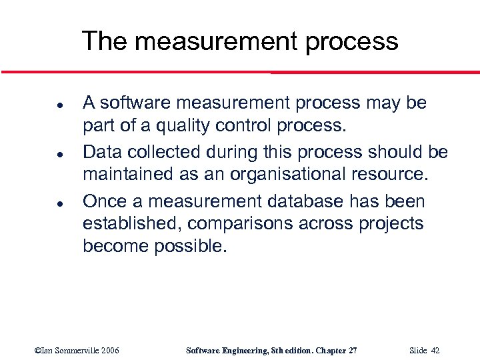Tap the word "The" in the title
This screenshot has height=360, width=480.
(x=104, y=41)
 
